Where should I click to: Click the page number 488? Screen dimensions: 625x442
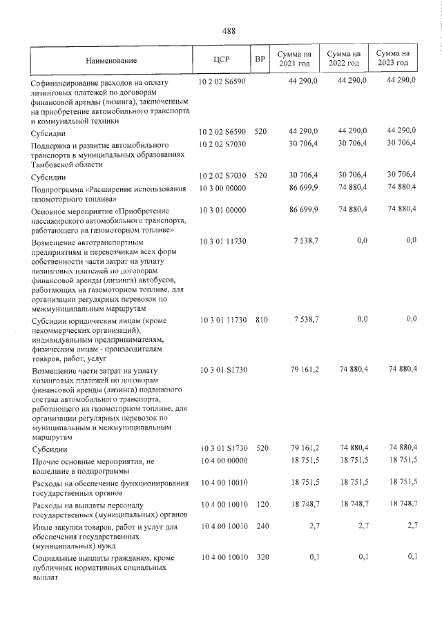(229, 31)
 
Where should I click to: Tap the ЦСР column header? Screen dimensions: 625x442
(222, 59)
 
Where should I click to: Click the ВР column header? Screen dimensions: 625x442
(260, 59)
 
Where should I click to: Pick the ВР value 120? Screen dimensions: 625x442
(260, 507)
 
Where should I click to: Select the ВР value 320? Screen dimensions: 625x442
(260, 557)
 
